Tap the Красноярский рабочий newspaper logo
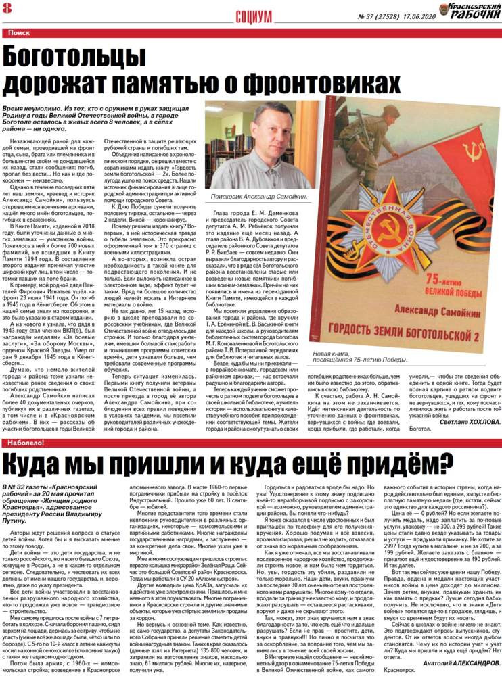(x=467, y=11)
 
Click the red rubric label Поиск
(x=19, y=32)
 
